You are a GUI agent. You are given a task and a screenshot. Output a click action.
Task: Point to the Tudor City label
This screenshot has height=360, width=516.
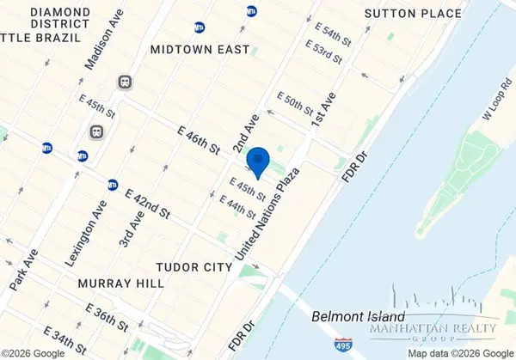point(196,267)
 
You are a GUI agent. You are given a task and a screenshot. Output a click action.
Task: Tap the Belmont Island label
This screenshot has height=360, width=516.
point(353,315)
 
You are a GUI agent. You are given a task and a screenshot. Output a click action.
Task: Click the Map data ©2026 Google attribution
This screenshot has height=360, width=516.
point(459,353)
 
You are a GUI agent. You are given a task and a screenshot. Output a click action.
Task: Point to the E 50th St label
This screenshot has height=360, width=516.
point(295,105)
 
